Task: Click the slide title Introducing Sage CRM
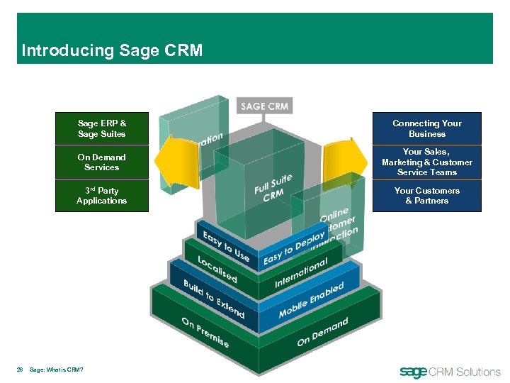tap(112, 50)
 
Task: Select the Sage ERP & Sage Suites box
tap(101, 128)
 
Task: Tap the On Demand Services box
tap(101, 162)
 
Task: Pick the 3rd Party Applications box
tap(101, 196)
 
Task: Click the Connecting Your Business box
tap(426, 128)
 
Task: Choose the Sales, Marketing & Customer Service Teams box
tap(426, 162)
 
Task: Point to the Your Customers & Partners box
tap(426, 196)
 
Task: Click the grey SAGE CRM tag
tap(264, 106)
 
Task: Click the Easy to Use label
tap(225, 243)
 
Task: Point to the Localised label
tap(217, 270)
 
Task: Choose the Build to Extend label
tap(213, 298)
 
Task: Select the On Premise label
tap(205, 331)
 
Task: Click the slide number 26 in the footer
tap(21, 370)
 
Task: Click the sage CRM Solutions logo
tap(450, 371)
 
